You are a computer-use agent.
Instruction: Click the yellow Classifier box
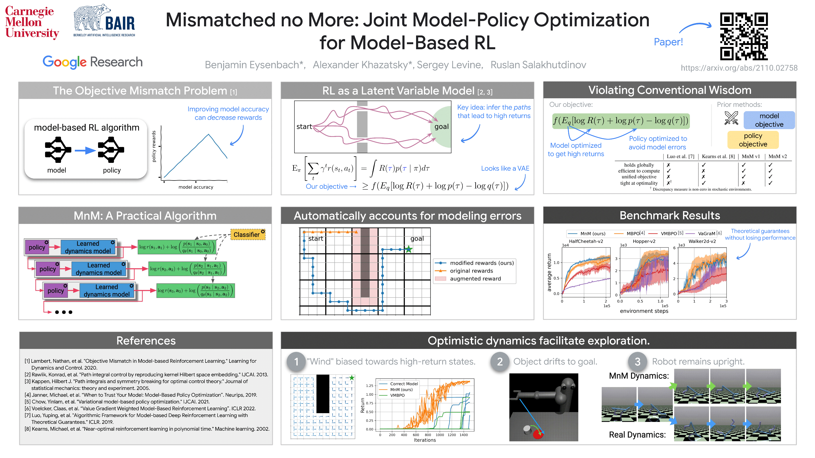pyautogui.click(x=247, y=235)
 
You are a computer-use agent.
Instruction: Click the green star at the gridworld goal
pyautogui.click(x=409, y=249)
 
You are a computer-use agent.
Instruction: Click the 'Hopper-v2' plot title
pyautogui.click(x=644, y=241)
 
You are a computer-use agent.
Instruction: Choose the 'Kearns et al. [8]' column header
pyautogui.click(x=718, y=156)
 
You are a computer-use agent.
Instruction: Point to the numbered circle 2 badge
pyautogui.click(x=500, y=362)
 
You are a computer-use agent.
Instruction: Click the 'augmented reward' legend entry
pyautogui.click(x=475, y=278)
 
